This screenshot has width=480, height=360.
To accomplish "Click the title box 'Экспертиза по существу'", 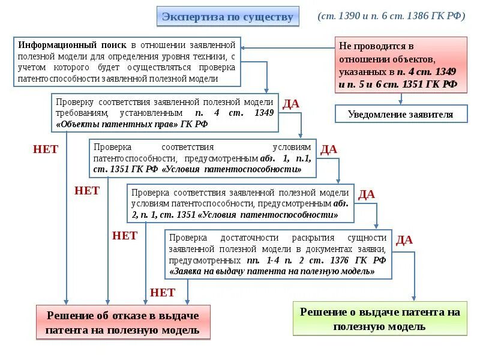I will pos(228,16).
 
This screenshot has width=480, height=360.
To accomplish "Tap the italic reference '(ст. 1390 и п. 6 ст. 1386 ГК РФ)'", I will pos(392,16).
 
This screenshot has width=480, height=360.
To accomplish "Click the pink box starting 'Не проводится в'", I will pos(400,64).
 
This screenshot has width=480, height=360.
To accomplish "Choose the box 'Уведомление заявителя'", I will pos(400,114).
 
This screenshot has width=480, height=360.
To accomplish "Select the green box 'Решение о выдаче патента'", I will pos(380,319).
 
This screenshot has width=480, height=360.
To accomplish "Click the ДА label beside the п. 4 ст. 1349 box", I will pos(290,104).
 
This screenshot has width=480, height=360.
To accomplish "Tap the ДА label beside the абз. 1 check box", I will pos(328,149).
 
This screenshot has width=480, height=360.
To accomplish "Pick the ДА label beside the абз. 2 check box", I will pos(366,194).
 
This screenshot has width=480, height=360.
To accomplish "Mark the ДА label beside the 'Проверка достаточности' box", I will pos(404,240).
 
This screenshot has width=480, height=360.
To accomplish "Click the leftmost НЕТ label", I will pos(45,149).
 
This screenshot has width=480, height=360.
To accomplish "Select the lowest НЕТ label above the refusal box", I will pos(163,293).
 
